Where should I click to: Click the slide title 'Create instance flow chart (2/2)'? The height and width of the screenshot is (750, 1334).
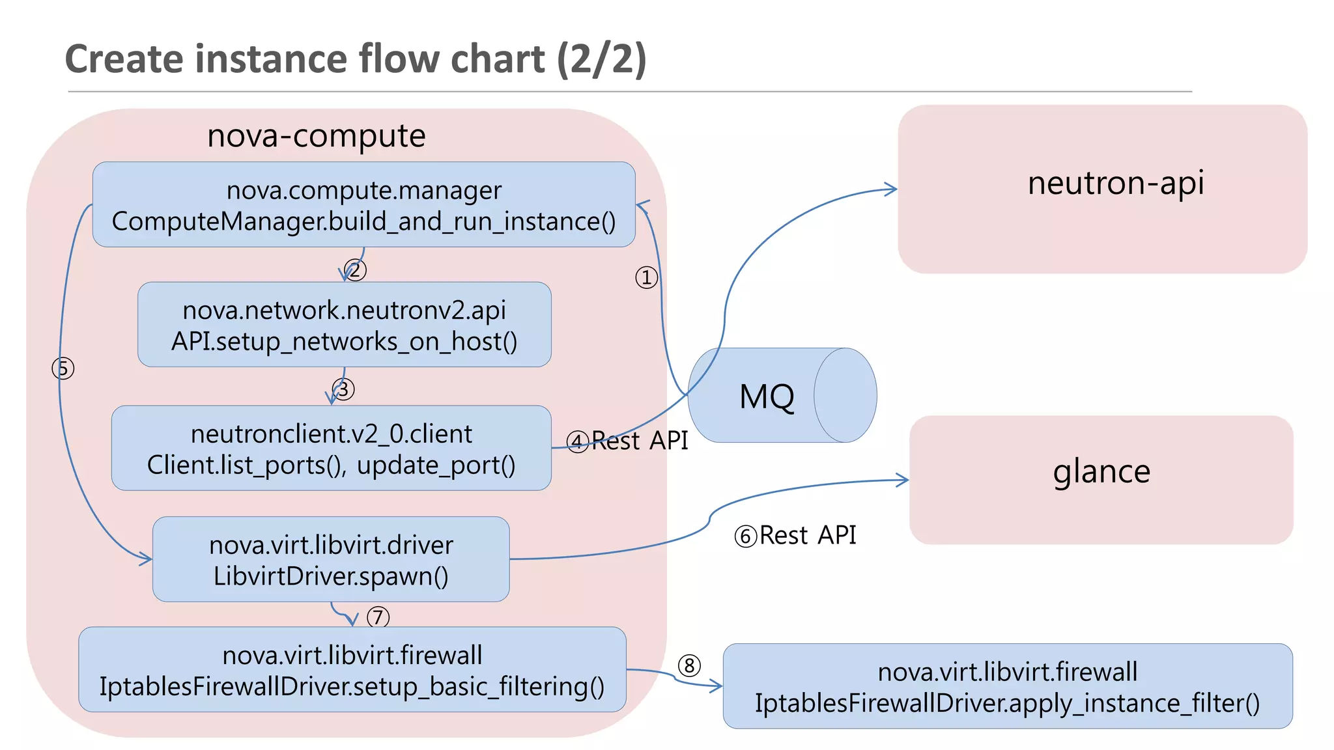(x=356, y=59)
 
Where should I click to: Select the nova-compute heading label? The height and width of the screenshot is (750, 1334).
(x=316, y=136)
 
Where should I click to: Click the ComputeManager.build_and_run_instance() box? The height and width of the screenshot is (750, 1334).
(x=363, y=205)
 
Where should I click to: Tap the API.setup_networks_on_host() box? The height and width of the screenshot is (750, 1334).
(x=344, y=325)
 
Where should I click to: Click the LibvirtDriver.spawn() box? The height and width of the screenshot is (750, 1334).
(x=331, y=560)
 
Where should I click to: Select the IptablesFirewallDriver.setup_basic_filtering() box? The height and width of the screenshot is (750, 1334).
(x=352, y=670)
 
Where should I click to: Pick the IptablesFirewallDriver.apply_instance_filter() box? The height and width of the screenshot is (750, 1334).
(x=1007, y=687)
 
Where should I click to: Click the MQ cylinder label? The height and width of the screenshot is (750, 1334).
(x=767, y=396)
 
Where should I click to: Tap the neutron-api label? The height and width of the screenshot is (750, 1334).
(x=1115, y=183)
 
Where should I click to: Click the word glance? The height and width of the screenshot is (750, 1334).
(x=1101, y=471)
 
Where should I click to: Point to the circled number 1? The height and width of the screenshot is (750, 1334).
(x=646, y=278)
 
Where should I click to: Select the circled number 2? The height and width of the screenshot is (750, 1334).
(x=356, y=270)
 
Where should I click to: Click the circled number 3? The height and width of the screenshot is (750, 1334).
(x=344, y=389)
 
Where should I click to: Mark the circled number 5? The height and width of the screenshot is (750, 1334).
(x=63, y=368)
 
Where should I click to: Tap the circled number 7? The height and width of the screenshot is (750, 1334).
(x=378, y=617)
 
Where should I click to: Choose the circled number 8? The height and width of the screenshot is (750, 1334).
(x=689, y=665)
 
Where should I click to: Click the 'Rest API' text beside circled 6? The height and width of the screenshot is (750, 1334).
(x=808, y=535)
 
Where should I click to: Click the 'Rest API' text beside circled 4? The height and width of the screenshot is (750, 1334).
(x=640, y=441)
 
